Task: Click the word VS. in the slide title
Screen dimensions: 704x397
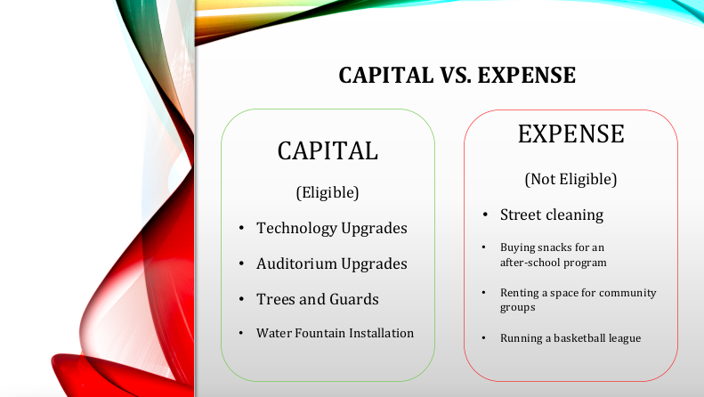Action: [x=456, y=75]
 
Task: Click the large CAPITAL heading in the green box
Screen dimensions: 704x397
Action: [x=328, y=151]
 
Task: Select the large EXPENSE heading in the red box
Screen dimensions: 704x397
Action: [x=571, y=134]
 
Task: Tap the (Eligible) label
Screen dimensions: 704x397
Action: [x=328, y=192]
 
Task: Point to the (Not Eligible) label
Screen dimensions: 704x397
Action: [x=571, y=179]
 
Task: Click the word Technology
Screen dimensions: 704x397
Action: [x=296, y=228]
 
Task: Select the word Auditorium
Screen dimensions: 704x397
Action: [x=296, y=263]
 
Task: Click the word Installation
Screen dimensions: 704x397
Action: [x=382, y=333]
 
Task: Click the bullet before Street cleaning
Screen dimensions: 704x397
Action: [x=485, y=215]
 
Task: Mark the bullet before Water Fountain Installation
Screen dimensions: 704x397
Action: [x=241, y=333]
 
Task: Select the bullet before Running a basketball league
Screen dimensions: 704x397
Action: [x=484, y=337]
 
